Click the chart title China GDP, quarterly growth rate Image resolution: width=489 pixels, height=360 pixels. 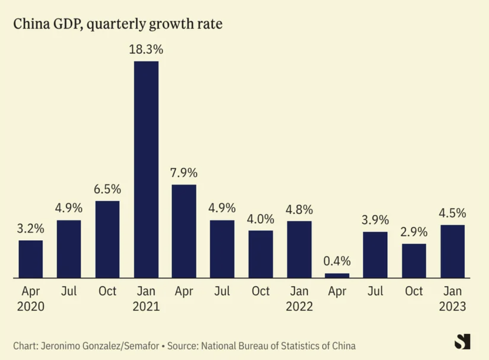tap(117, 24)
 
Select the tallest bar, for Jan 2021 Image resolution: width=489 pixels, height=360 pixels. tap(146, 169)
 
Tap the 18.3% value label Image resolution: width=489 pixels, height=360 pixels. tap(146, 50)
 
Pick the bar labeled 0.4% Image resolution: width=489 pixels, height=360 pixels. tap(337, 275)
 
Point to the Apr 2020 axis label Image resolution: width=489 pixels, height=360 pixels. tap(31, 298)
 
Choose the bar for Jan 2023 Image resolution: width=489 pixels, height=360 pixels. tap(452, 251)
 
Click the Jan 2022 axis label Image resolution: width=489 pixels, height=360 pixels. tap(299, 298)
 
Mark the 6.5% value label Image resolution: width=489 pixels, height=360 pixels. tap(107, 189)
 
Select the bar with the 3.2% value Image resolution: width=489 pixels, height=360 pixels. tap(31, 259)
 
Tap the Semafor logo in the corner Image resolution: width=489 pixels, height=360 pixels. tap(462, 341)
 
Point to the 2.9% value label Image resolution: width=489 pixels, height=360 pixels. tap(414, 232)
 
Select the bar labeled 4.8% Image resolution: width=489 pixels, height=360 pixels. tap(299, 249)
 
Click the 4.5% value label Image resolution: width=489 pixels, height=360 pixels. tap(452, 213)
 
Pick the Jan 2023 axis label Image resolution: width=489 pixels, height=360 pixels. tap(452, 298)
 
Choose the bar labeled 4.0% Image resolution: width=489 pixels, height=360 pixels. tap(261, 254)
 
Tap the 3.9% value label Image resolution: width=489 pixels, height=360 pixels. tap(375, 220)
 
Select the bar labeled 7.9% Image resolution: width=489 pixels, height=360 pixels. tap(184, 231)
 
